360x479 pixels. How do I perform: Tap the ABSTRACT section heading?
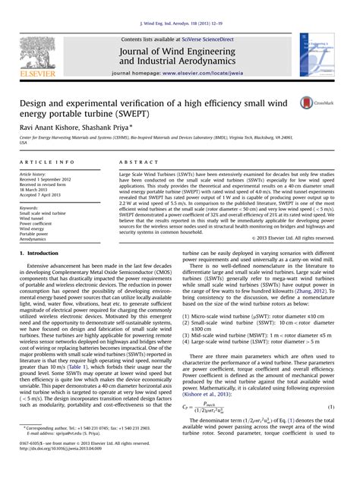(x=137, y=162)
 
